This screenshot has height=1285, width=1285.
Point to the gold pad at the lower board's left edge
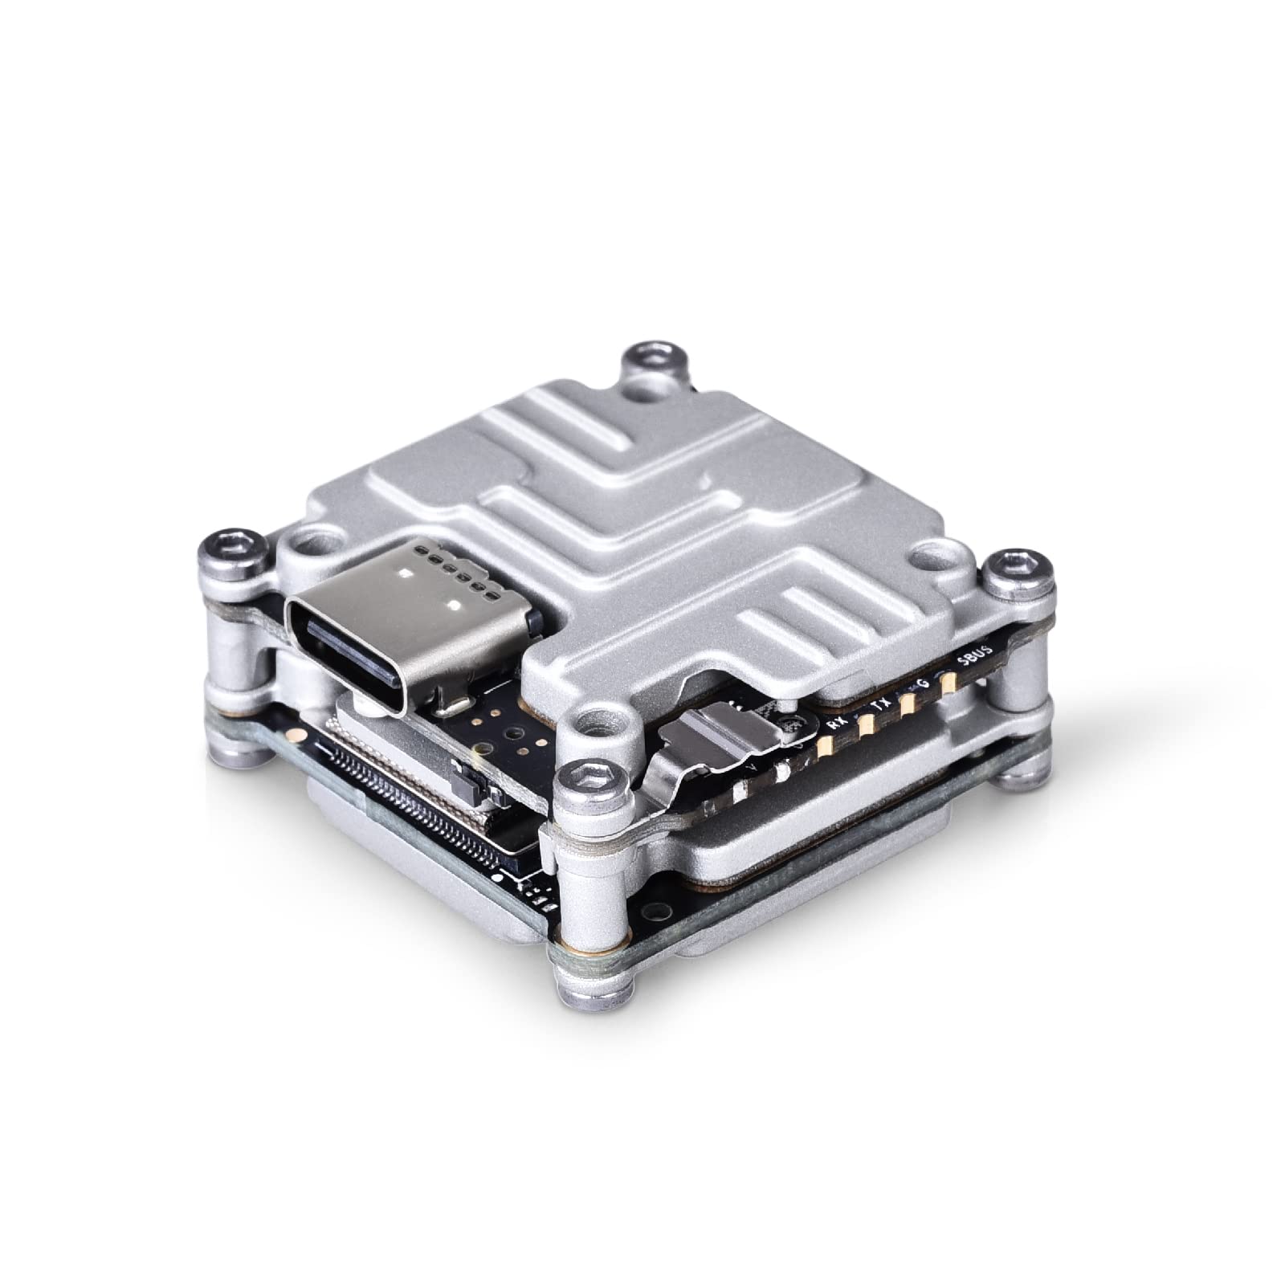point(295,734)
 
